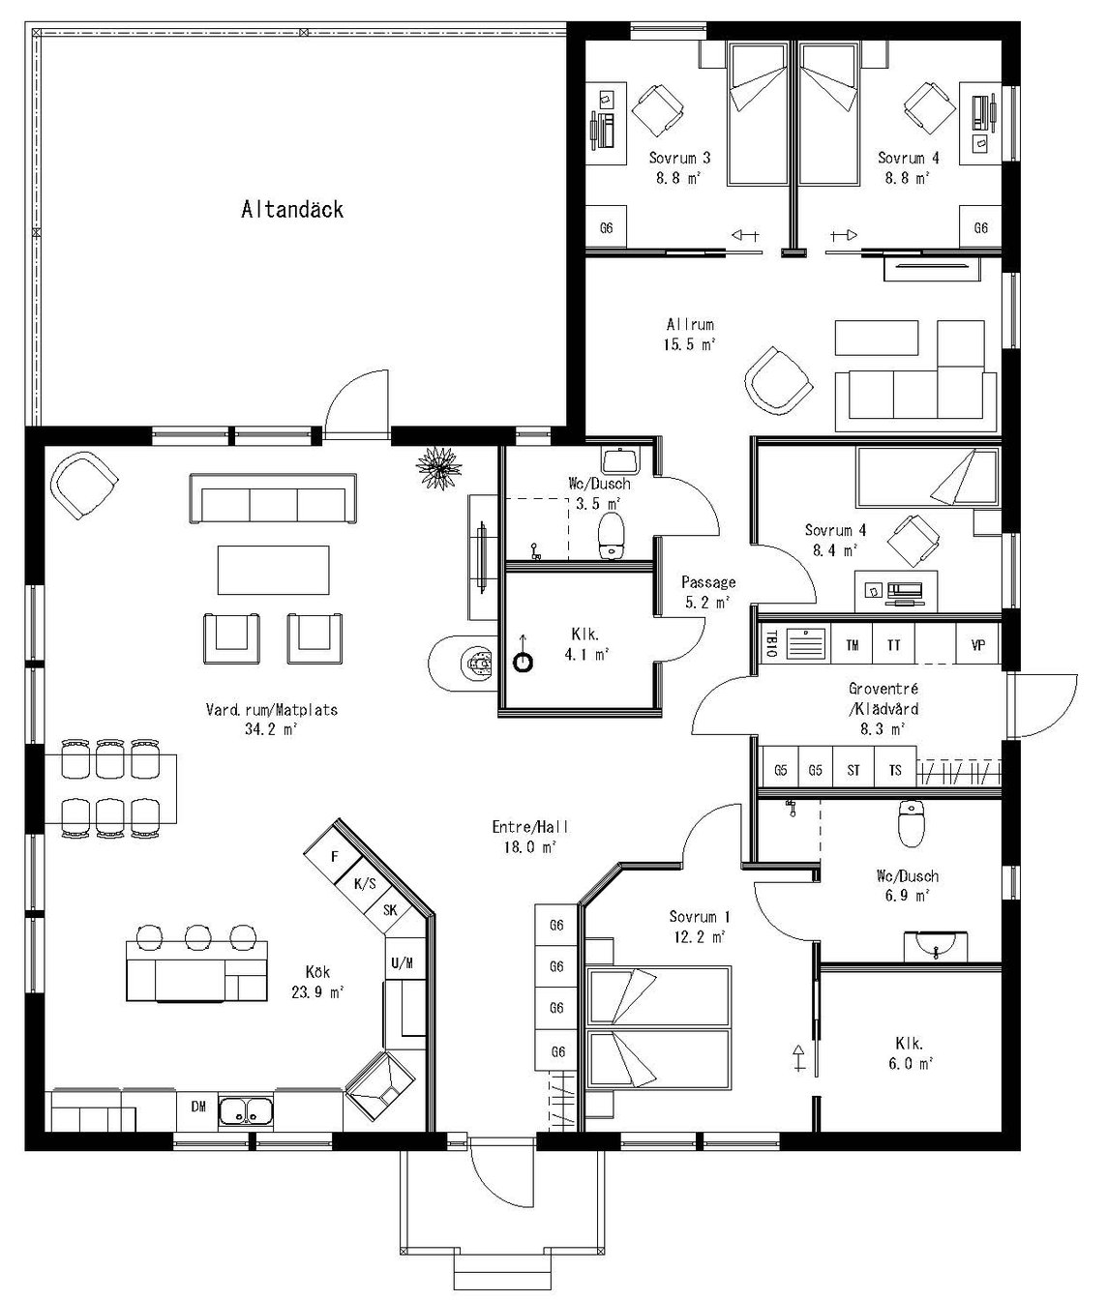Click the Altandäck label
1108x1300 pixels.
tap(292, 210)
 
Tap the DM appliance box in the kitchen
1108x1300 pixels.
tap(197, 1107)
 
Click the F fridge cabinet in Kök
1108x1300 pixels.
tap(335, 856)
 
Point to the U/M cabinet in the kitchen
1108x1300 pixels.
tap(403, 963)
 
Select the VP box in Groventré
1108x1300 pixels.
tap(977, 644)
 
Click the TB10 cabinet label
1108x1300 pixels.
tap(771, 644)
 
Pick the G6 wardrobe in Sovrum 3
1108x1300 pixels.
tap(607, 229)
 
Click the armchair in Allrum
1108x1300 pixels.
tap(777, 379)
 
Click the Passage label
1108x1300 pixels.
tap(708, 582)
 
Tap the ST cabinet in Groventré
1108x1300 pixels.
tap(853, 771)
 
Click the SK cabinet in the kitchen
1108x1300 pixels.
tap(390, 910)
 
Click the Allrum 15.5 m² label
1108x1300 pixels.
tap(690, 334)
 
